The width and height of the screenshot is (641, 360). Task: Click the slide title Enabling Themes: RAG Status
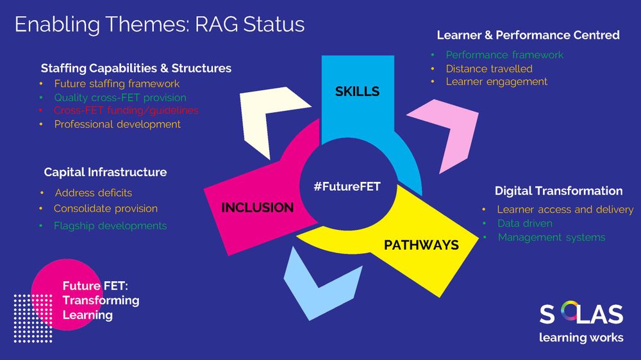tap(159, 24)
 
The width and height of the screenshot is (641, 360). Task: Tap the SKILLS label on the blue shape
tap(357, 92)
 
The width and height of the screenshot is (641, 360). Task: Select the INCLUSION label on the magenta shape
tap(257, 208)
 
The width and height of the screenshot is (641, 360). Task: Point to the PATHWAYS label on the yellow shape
tap(421, 245)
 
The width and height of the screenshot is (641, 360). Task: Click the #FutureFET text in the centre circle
tap(347, 186)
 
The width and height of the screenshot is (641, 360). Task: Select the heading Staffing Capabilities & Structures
tap(136, 68)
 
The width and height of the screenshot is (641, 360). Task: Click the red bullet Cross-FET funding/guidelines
tap(126, 110)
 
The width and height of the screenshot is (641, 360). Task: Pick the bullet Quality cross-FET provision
tap(120, 97)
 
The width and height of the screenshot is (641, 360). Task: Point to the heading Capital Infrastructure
tap(105, 172)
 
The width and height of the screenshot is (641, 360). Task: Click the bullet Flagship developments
tap(110, 225)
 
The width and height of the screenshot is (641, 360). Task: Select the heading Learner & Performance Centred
tap(528, 35)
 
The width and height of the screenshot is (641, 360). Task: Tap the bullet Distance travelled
tap(489, 69)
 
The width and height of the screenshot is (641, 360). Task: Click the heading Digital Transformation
tap(558, 190)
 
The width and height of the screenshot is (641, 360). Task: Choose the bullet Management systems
tap(551, 237)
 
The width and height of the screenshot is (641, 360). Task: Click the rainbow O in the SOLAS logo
tap(568, 313)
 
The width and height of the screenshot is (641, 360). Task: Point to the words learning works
tap(581, 338)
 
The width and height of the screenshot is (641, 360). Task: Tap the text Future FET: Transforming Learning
tap(100, 300)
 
